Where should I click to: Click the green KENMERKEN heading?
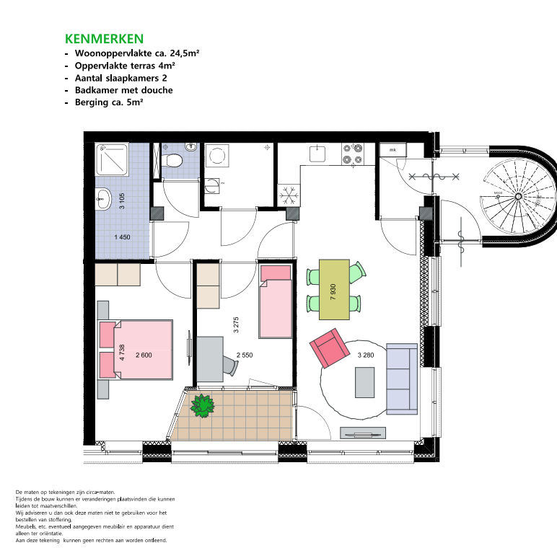[x=104, y=39]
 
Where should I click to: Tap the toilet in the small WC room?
[x=172, y=160]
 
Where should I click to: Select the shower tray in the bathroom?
[x=112, y=159]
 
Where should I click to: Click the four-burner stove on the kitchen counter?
[x=353, y=154]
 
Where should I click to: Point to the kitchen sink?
[x=317, y=154]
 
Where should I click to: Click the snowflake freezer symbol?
[x=289, y=195]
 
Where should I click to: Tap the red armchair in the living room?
[x=330, y=348]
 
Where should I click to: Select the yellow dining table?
[x=334, y=290]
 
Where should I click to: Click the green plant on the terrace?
[x=203, y=406]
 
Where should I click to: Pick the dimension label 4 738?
[x=122, y=353]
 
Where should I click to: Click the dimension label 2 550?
[x=245, y=355]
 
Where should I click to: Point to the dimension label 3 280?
[x=366, y=355]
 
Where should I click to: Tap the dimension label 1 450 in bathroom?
[x=122, y=237]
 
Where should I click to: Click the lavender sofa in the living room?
[x=402, y=379]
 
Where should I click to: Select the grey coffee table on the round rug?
[x=365, y=382]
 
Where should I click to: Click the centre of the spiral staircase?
[x=518, y=196]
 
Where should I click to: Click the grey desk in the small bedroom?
[x=210, y=359]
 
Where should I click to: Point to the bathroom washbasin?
[x=103, y=199]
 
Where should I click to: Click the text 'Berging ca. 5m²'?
[x=109, y=102]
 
